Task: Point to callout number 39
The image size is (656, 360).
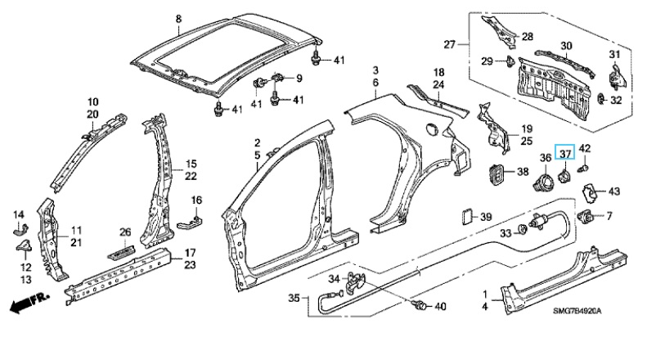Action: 485,217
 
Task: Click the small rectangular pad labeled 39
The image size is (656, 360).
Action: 465,217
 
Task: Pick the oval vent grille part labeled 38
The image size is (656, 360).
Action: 494,172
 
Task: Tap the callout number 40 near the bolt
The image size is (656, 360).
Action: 440,308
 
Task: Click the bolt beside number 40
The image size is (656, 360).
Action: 420,307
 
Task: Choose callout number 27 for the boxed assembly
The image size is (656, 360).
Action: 448,43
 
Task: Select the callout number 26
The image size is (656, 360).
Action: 125,232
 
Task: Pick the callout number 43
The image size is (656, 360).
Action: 614,191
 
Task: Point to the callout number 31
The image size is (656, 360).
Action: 616,55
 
